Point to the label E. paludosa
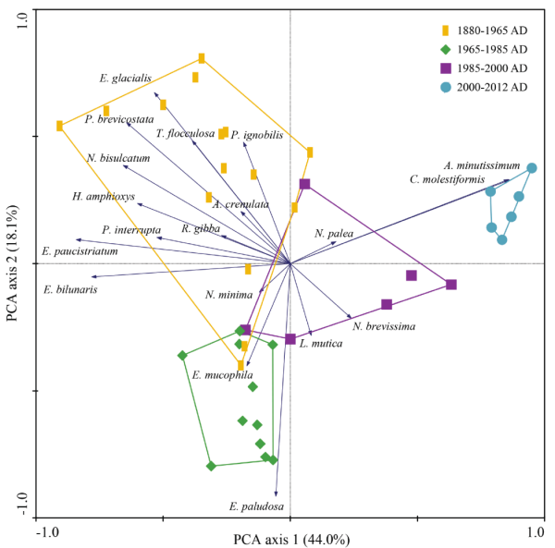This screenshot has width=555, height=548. point(256,506)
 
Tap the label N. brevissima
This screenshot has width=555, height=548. point(384,326)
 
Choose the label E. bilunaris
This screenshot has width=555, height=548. point(70,289)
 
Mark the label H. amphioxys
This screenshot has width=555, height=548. point(103,196)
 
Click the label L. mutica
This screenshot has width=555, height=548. point(321,344)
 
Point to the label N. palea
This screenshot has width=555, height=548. point(334,234)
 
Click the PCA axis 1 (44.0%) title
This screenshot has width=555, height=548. point(290,539)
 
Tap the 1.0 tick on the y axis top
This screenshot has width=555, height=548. point(23,12)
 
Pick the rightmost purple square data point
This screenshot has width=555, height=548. point(451,285)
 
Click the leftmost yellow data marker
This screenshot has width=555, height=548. point(59,126)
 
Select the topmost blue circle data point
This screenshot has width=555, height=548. point(532,168)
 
